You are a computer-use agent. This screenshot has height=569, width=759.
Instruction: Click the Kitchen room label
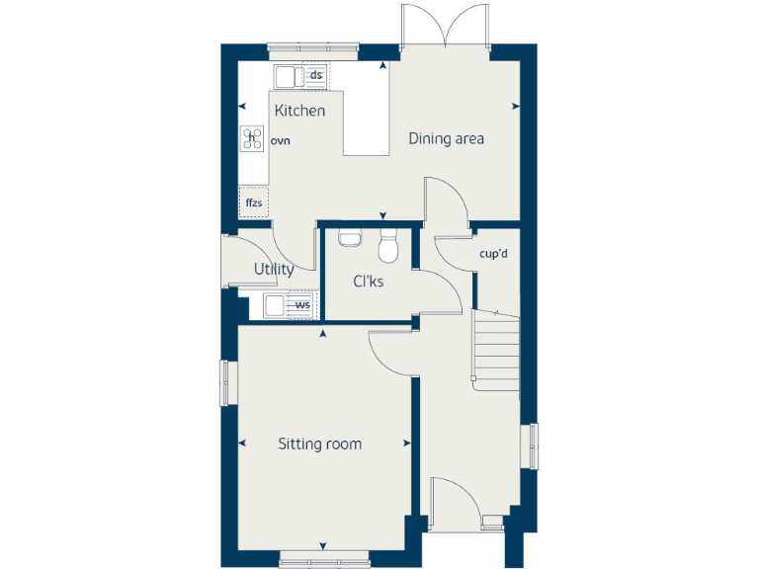pos(299,111)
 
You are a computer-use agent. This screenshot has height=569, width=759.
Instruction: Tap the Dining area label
pos(447,138)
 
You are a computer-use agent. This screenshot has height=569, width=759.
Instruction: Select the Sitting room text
pos(319,445)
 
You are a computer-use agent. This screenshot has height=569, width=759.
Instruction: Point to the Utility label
pos(274,269)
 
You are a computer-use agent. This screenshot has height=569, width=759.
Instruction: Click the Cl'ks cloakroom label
pos(369,282)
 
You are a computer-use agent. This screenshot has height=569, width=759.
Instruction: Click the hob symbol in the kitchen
pos(252,138)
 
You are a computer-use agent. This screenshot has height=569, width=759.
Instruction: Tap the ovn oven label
pos(281,141)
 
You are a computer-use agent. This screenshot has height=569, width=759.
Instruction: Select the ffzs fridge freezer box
pos(253,203)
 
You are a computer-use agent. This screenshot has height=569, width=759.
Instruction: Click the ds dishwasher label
pos(316,75)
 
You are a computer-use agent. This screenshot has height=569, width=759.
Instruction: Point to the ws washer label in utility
pos(302,305)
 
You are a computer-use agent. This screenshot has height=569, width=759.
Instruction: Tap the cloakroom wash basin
pos(349,237)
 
